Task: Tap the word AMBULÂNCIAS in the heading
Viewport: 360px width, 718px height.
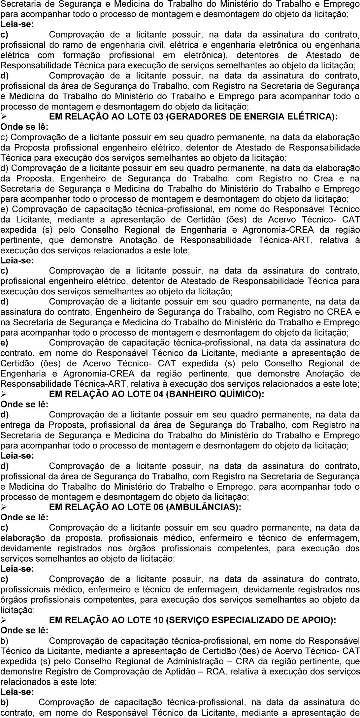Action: coord(203,507)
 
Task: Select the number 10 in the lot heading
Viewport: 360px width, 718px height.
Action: coord(158,620)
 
